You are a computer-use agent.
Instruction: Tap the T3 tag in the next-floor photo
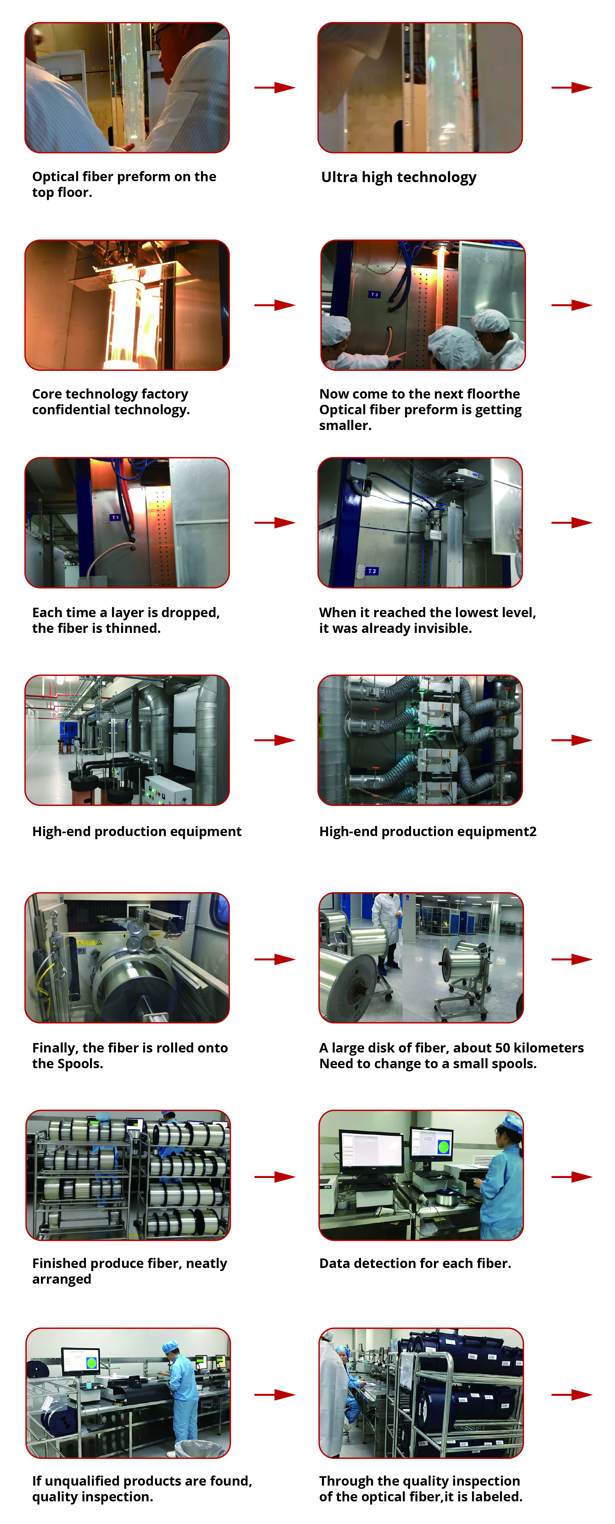(x=374, y=295)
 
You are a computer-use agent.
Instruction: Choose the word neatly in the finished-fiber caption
(x=206, y=1264)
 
